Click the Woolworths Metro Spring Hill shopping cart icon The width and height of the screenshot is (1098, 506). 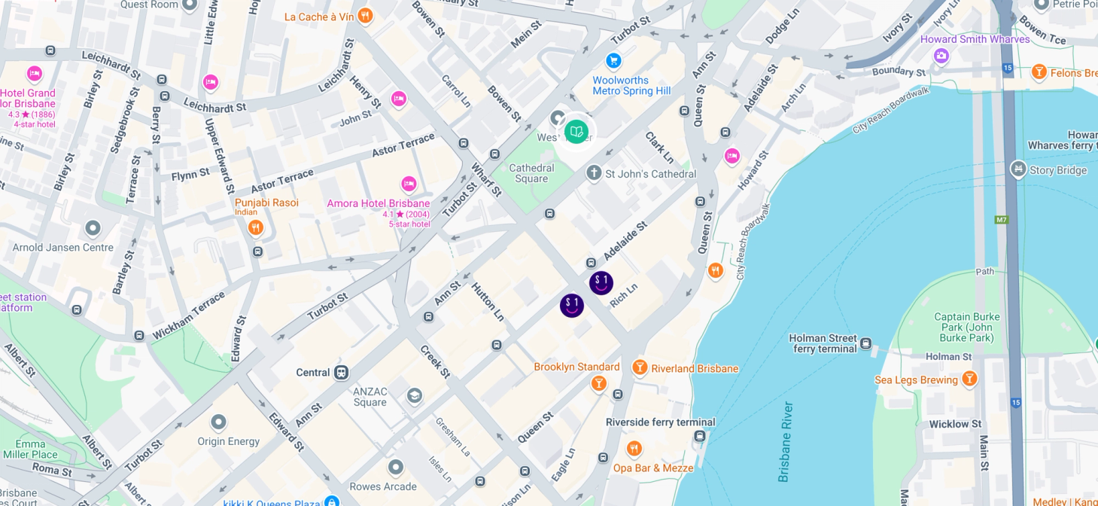613,60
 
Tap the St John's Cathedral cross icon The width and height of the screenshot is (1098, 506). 594,173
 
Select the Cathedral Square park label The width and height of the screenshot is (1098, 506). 531,174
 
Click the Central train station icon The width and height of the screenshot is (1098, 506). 342,372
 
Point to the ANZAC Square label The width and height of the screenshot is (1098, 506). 370,397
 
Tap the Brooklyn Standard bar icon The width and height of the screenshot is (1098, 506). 599,383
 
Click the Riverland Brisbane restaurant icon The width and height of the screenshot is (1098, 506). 640,367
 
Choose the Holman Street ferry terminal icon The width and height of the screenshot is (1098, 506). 866,344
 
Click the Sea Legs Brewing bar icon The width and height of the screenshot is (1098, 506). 969,379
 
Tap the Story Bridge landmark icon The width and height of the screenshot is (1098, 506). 1018,169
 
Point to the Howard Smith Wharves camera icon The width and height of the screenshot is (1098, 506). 941,56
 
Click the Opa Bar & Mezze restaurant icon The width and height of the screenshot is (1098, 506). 634,449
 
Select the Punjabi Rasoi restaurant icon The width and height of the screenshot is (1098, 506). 256,227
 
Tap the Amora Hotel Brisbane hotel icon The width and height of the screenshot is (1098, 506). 409,184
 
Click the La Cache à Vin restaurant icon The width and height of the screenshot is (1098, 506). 365,16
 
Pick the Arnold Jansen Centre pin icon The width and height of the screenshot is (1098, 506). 93,227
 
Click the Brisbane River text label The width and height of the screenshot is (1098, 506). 786,442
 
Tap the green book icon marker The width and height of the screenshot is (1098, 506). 576,132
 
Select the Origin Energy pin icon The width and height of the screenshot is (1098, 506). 219,422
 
